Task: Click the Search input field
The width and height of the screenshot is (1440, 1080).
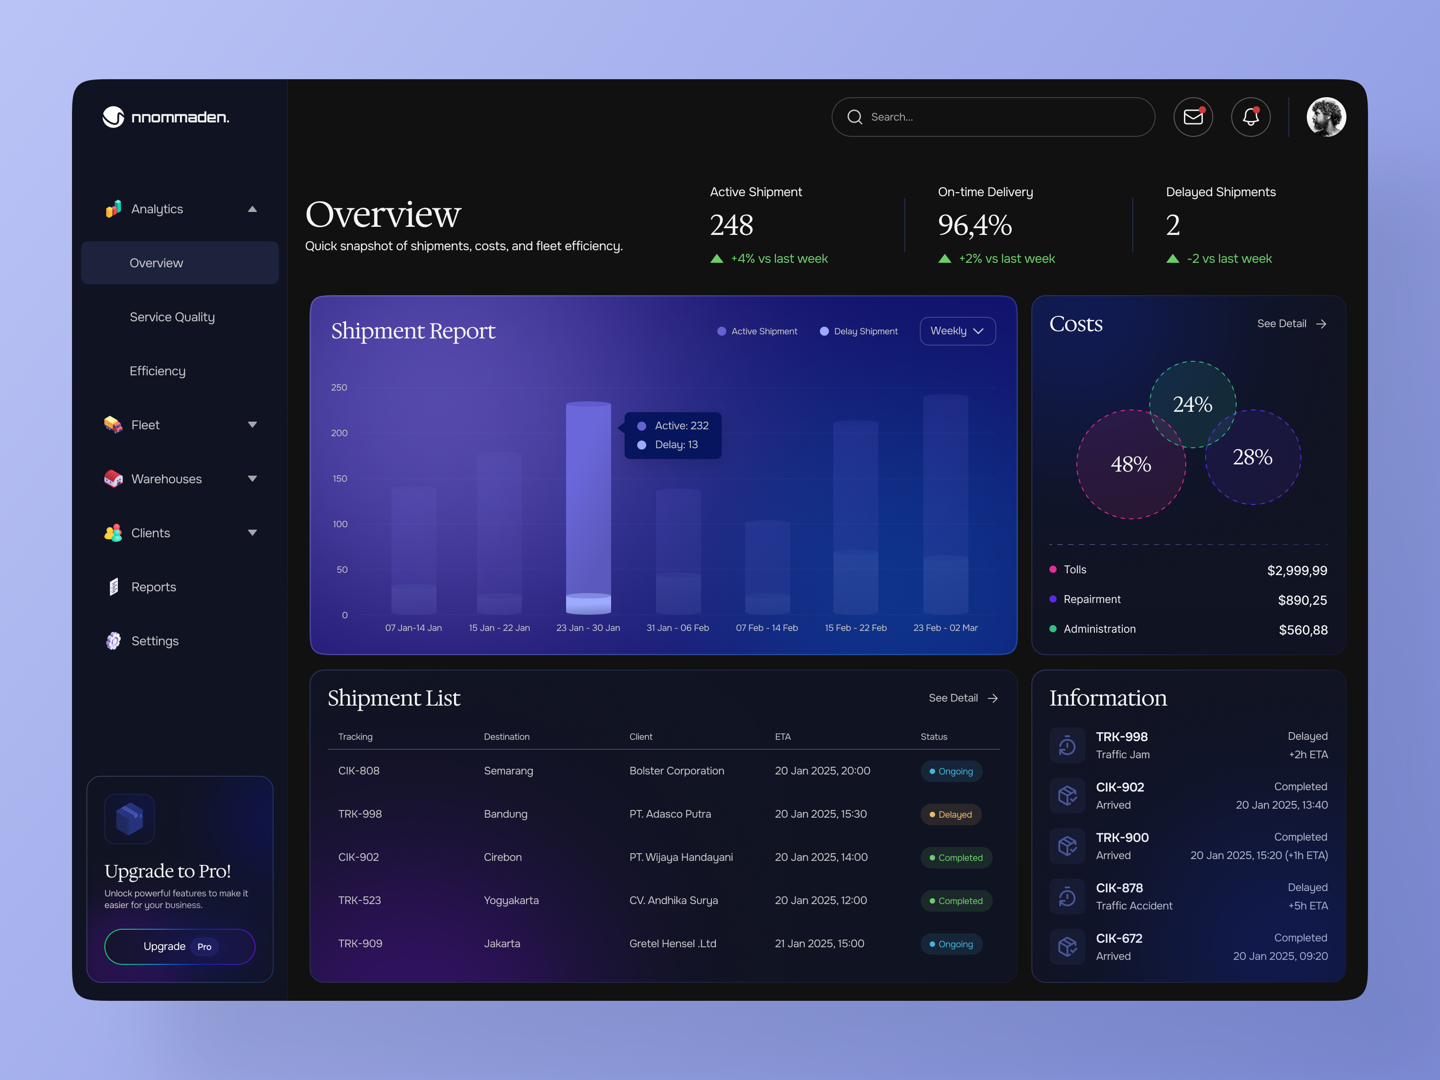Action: click(1003, 117)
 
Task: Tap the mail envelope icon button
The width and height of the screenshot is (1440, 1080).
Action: click(1192, 117)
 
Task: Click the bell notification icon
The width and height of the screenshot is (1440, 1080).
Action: click(1250, 117)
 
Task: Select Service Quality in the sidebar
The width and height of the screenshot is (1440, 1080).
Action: click(172, 317)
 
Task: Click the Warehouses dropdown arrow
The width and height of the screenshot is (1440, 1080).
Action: click(252, 478)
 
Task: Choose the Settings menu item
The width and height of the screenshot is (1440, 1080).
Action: click(154, 641)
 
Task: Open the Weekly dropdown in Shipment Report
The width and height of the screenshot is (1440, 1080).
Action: click(957, 331)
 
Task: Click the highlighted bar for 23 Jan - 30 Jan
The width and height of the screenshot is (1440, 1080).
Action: click(588, 508)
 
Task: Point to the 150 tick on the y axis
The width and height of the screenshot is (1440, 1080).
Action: click(340, 478)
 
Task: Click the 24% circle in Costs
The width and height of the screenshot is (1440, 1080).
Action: click(1192, 404)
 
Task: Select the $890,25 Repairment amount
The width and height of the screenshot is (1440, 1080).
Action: click(1302, 600)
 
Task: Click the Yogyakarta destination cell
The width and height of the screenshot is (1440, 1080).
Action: click(511, 900)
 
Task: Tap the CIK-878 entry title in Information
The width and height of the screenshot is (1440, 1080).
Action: click(1119, 888)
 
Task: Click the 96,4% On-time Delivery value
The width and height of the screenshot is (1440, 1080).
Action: click(975, 225)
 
